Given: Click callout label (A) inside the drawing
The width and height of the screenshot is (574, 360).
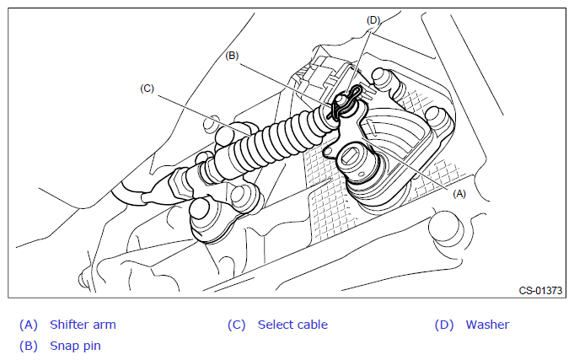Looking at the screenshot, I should tap(459, 193).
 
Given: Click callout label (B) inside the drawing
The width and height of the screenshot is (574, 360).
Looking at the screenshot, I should tap(233, 56).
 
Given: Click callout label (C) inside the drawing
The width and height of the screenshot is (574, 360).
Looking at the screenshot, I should tap(148, 87).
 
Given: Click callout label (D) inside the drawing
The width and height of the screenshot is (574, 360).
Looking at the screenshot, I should tap(373, 18).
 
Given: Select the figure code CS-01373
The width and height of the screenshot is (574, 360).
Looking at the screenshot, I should tap(540, 290).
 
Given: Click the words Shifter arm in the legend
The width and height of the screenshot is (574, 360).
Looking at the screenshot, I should tap(83, 325).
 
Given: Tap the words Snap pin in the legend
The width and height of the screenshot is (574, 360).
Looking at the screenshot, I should tap(76, 345).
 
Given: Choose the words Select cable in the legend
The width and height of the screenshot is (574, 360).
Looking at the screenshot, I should tap(292, 325).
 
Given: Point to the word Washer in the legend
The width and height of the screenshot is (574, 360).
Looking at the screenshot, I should tap(487, 325).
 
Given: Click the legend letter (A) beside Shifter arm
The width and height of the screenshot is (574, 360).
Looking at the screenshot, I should tap(29, 325).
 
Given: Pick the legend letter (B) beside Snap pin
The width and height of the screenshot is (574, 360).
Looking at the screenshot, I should tap(29, 345).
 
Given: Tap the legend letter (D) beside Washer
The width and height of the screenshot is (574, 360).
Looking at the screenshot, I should tap(444, 325).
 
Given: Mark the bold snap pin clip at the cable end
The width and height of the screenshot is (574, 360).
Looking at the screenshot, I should tap(345, 102).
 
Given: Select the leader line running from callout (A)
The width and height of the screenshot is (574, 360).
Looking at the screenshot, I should tap(421, 169).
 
